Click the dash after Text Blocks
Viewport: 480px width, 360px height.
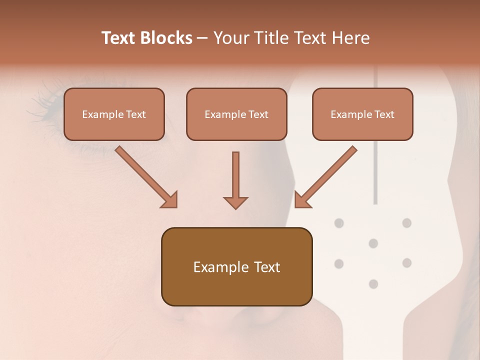click(x=202, y=38)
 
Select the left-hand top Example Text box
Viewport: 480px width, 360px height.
click(x=114, y=114)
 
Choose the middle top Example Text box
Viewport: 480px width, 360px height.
click(x=236, y=114)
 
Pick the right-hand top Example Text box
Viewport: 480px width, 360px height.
click(x=362, y=114)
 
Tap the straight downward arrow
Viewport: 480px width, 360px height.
click(x=235, y=180)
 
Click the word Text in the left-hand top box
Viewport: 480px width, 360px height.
click(x=135, y=114)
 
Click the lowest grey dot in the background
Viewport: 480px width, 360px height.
click(x=373, y=284)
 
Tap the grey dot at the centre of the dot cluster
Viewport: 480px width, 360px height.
click(x=373, y=243)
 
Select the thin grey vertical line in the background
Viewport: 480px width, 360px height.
click(x=375, y=150)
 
